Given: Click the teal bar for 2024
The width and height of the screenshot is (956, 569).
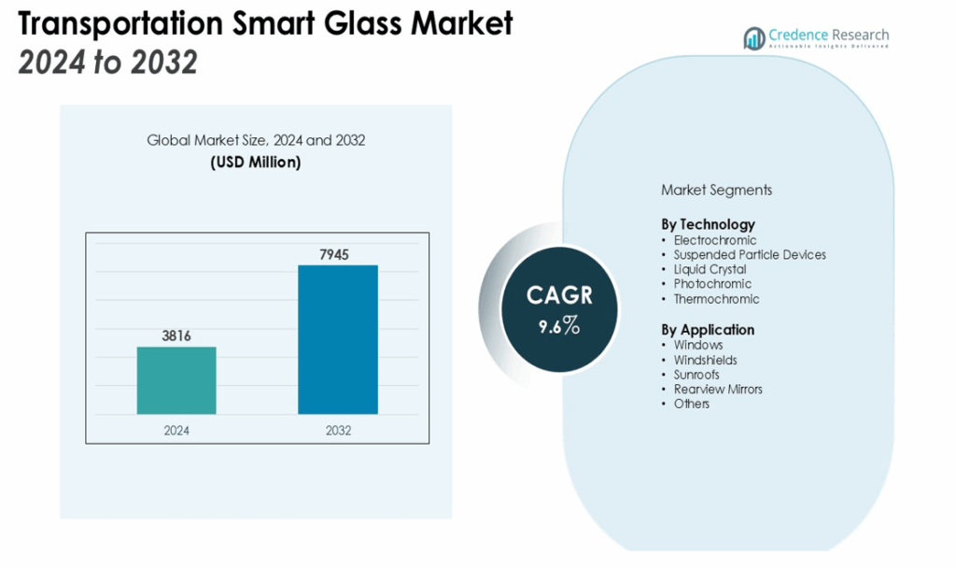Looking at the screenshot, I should pyautogui.click(x=176, y=380).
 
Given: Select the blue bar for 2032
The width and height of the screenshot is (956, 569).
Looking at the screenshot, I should pyautogui.click(x=338, y=339).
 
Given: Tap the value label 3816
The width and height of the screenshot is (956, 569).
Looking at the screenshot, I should pyautogui.click(x=176, y=335).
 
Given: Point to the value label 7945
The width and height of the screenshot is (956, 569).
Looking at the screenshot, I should pyautogui.click(x=338, y=254).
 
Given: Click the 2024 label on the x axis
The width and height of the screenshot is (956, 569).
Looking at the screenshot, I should pyautogui.click(x=176, y=431).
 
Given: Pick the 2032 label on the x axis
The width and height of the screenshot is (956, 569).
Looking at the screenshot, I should pyautogui.click(x=338, y=431).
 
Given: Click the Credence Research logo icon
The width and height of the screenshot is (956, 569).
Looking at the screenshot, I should pyautogui.click(x=753, y=38).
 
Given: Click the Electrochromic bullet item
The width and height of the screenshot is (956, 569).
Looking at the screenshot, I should pyautogui.click(x=715, y=240).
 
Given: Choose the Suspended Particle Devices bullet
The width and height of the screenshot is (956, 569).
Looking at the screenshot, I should pyautogui.click(x=750, y=254).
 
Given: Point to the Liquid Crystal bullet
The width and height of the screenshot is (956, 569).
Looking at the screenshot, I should pyautogui.click(x=710, y=269).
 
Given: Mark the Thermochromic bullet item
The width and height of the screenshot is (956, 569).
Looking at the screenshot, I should pyautogui.click(x=716, y=299).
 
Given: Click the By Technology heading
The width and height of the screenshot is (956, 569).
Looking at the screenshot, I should pyautogui.click(x=708, y=224).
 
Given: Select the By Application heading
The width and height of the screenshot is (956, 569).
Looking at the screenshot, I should pyautogui.click(x=708, y=330).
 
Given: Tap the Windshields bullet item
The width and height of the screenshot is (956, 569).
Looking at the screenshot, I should pyautogui.click(x=705, y=360).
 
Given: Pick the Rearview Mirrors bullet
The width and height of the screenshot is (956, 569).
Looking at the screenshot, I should pyautogui.click(x=718, y=389).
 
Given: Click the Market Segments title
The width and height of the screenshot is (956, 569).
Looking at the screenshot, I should pyautogui.click(x=716, y=190).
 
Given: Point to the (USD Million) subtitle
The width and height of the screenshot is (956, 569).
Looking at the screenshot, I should pyautogui.click(x=256, y=162).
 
